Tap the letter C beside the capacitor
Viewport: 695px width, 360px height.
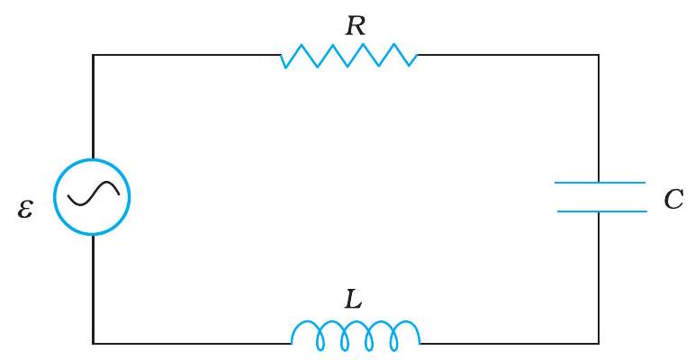[673, 199]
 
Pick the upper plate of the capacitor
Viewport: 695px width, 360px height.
[600, 184]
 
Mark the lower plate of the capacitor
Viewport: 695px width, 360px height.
[600, 211]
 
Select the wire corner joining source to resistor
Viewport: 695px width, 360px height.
[93, 56]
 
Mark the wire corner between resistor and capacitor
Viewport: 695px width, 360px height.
[599, 56]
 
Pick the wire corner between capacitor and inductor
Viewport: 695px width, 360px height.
[599, 343]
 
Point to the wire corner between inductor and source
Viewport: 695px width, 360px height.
[93, 343]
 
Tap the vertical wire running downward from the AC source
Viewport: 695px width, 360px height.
[93, 288]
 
